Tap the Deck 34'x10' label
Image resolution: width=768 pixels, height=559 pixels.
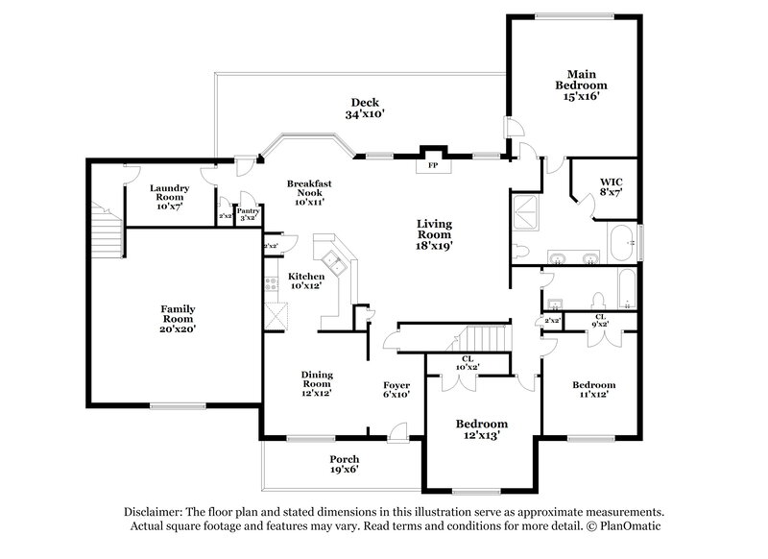coord(365,109)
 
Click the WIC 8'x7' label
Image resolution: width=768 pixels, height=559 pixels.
coord(612,186)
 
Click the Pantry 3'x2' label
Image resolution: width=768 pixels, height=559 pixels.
coord(248,213)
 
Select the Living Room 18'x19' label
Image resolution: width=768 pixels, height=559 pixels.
coord(434,233)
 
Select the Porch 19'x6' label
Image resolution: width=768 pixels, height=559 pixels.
coord(344,464)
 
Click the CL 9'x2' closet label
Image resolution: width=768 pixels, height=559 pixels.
coord(600,319)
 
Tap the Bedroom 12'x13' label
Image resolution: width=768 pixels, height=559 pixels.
coord(482,429)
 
